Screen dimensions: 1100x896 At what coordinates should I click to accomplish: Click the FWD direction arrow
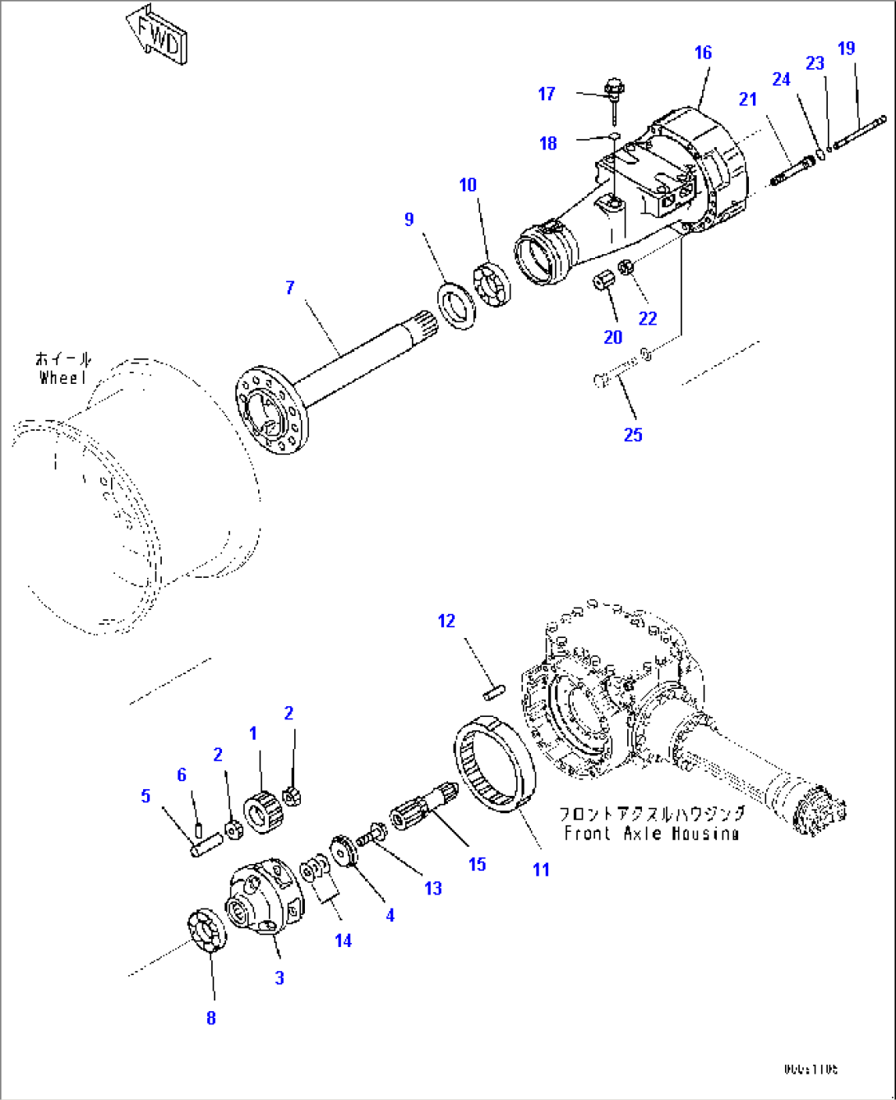point(157,37)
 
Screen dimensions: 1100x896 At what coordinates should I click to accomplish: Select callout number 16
point(703,53)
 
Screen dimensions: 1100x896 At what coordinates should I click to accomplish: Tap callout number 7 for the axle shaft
point(289,288)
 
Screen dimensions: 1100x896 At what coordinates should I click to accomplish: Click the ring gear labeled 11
point(495,765)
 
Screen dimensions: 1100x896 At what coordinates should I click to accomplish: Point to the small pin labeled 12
point(493,693)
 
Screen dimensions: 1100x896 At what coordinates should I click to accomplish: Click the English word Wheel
point(62,378)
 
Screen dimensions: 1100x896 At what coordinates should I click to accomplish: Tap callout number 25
point(632,435)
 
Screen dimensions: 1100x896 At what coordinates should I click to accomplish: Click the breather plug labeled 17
point(612,88)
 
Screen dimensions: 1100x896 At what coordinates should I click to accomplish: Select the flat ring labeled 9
point(456,307)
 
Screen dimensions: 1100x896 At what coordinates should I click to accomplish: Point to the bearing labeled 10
point(494,284)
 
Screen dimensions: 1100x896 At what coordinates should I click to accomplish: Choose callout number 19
point(846,49)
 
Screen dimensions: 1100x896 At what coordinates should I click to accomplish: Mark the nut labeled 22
point(626,268)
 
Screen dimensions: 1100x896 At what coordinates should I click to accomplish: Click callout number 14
point(343,941)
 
